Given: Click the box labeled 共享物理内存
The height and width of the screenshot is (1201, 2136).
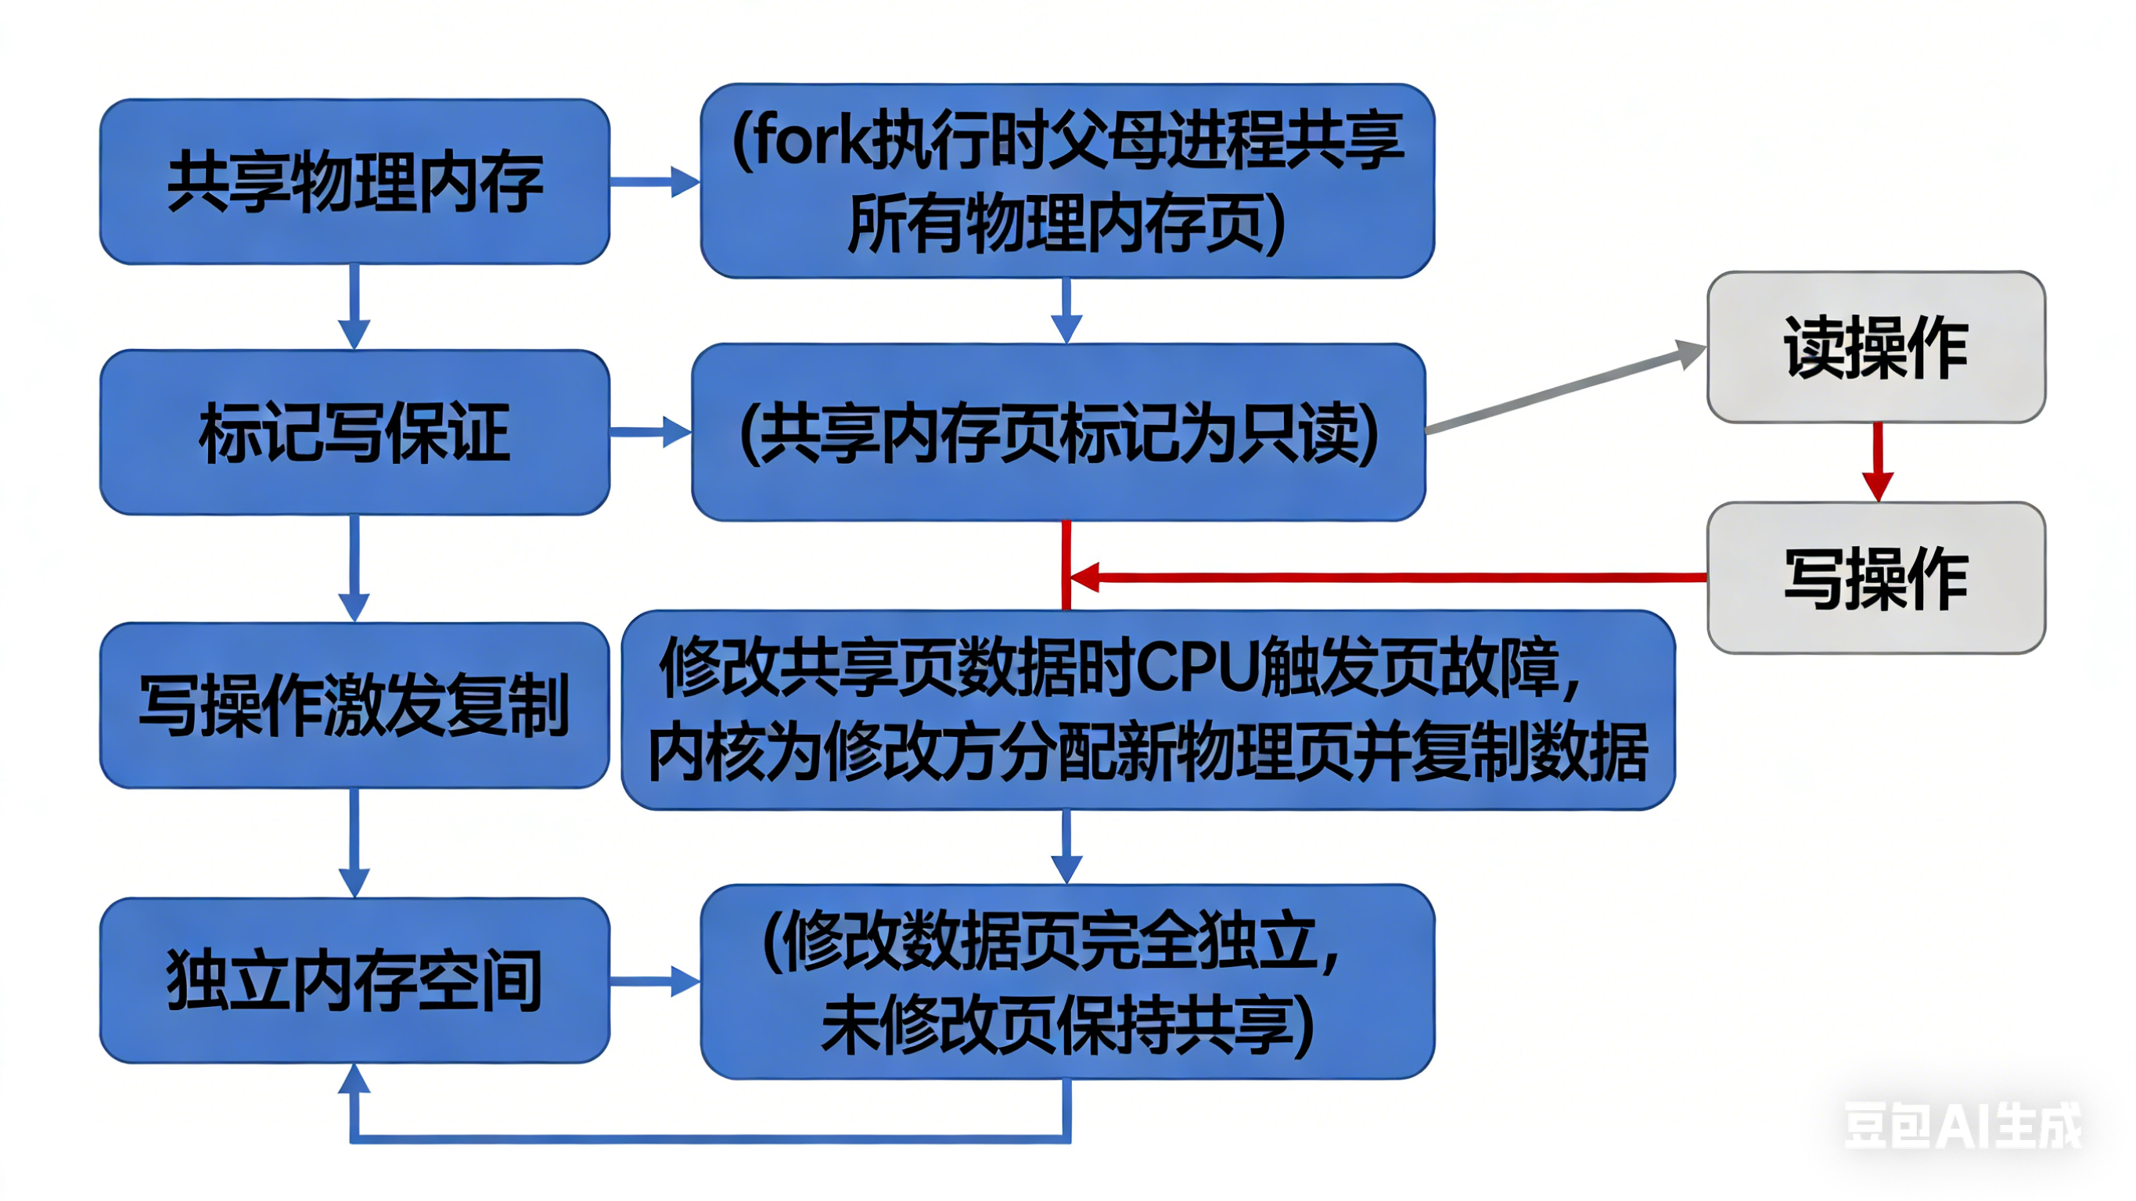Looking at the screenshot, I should click(x=355, y=182).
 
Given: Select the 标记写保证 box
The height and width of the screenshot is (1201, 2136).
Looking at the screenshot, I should click(x=355, y=432).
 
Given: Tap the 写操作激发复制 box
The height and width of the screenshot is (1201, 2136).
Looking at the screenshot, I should click(x=355, y=705).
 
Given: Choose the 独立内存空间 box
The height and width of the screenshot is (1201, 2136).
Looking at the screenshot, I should click(x=355, y=980).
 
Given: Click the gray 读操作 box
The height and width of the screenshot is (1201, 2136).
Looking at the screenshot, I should click(x=1875, y=347).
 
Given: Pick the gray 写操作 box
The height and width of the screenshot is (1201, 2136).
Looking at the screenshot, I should click(x=1875, y=577).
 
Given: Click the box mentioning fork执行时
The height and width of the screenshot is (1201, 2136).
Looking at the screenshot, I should click(x=1067, y=181).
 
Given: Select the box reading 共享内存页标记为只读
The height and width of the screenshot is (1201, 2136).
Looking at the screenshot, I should click(x=1058, y=432).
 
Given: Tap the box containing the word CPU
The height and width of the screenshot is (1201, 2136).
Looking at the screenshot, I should click(x=1148, y=710).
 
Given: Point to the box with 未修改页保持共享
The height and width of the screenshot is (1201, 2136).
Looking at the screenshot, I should click(x=1067, y=981).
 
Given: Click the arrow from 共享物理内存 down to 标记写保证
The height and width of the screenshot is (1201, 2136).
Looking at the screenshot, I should click(x=355, y=307).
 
